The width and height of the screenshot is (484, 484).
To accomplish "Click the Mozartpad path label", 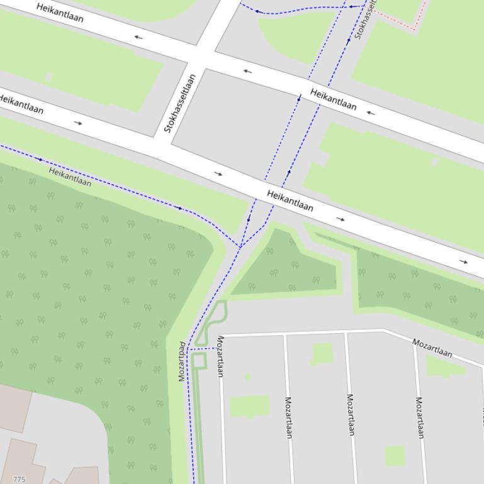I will pyautogui.click(x=183, y=361).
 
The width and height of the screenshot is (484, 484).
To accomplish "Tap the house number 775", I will pyautogui.click(x=19, y=480).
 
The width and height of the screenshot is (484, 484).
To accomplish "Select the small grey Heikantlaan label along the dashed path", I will pyautogui.click(x=70, y=176).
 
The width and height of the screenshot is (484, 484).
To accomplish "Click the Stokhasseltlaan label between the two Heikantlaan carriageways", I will pyautogui.click(x=180, y=103).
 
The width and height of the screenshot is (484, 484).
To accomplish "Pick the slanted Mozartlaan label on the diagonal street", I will pyautogui.click(x=432, y=348).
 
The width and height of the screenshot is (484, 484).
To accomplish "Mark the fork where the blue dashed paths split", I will pyautogui.click(x=240, y=246).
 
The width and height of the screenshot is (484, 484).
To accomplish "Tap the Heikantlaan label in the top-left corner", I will pyautogui.click(x=60, y=12).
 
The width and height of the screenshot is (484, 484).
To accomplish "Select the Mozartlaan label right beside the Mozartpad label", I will pyautogui.click(x=220, y=356).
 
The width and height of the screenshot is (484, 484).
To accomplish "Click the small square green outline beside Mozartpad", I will pyautogui.click(x=199, y=361).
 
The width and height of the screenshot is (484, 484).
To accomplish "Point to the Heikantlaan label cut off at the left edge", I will pyautogui.click(x=21, y=104).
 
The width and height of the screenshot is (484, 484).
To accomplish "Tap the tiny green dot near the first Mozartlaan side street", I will pyautogui.click(x=248, y=377).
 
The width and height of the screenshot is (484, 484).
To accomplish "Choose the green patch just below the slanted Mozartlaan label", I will pyautogui.click(x=446, y=366).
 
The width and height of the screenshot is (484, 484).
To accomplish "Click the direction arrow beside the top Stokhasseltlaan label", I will pyautogui.click(x=349, y=40).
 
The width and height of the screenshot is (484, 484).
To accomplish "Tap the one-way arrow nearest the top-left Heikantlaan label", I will pyautogui.click(x=138, y=37).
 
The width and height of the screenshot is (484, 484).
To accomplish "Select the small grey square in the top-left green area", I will pyautogui.click(x=48, y=77).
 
